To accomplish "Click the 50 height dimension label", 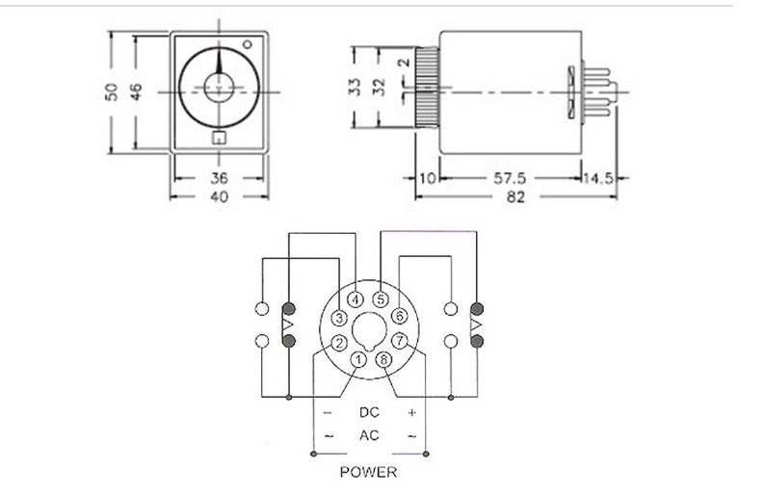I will [x=112, y=91].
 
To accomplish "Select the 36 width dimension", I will [x=218, y=178].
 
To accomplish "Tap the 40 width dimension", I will [x=218, y=197].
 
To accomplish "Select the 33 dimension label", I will [x=355, y=87].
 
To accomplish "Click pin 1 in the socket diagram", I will [x=358, y=360].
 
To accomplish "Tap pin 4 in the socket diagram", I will [x=356, y=299].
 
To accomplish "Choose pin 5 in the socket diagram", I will [x=382, y=299].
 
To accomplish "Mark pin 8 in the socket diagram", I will [x=383, y=360].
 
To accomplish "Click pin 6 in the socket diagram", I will [x=400, y=316].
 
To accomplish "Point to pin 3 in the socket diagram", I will [x=339, y=317].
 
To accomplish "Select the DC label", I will [x=369, y=412].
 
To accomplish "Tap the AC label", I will [x=369, y=435].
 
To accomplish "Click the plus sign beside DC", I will [x=412, y=412].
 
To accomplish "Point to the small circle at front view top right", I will [x=249, y=43].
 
